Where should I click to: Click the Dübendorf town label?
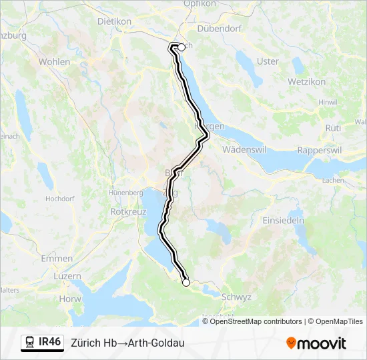[218, 29]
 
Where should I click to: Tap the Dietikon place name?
[114, 21]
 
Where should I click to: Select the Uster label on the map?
[268, 61]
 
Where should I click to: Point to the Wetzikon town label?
[306, 81]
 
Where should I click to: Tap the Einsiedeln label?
[283, 220]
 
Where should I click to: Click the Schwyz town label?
[236, 297]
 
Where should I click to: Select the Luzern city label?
[67, 276]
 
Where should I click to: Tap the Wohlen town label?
[54, 61]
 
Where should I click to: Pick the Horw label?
[69, 299]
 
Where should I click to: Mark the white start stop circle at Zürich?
[181, 47]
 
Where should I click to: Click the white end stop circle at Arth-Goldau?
[186, 283]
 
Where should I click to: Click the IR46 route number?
[49, 343]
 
